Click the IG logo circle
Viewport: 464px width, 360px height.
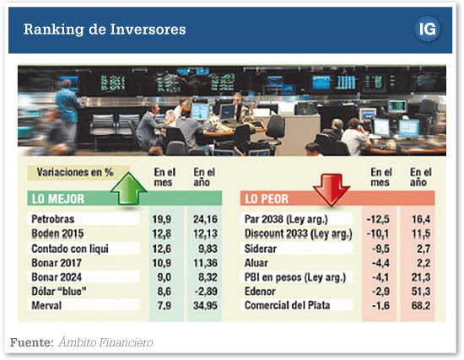(x=427, y=30)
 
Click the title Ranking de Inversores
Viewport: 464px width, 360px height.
(x=105, y=30)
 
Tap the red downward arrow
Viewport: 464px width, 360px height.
(x=332, y=190)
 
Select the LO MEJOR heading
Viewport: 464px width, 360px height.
(x=58, y=199)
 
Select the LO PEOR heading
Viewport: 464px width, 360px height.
(x=267, y=199)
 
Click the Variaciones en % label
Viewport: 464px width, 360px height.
(x=75, y=173)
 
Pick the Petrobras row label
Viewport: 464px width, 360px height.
(x=52, y=219)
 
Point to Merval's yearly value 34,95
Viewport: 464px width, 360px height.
(x=205, y=305)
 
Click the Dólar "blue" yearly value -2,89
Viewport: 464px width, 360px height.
(x=206, y=292)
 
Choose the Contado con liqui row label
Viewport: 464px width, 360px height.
(x=70, y=249)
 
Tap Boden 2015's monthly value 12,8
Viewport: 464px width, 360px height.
(x=162, y=234)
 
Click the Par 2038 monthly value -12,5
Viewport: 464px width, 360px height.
(x=378, y=219)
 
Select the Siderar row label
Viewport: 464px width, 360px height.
(x=261, y=249)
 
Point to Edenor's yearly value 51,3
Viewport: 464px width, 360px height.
(x=421, y=292)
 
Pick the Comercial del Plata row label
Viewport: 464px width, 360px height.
(x=287, y=305)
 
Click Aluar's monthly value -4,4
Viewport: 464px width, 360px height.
(x=380, y=263)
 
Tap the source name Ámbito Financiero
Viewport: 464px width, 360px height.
(x=105, y=342)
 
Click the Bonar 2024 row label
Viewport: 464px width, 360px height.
(x=57, y=277)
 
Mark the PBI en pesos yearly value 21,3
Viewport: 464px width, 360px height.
(x=421, y=277)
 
